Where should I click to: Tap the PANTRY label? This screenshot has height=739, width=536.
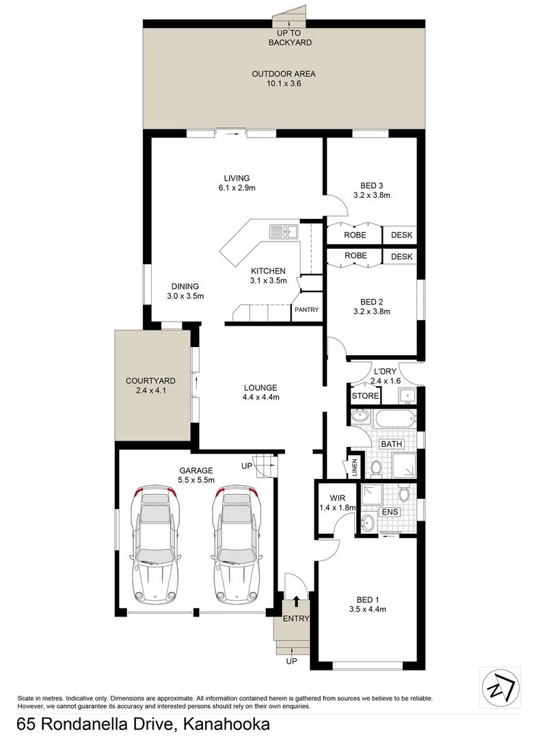pyautogui.click(x=306, y=310)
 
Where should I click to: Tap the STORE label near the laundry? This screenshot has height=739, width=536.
pyautogui.click(x=364, y=396)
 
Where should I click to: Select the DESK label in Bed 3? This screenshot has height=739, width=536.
pyautogui.click(x=401, y=235)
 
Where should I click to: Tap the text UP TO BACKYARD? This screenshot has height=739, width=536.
pyautogui.click(x=294, y=38)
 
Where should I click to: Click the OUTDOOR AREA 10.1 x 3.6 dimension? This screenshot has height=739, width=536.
pyautogui.click(x=284, y=83)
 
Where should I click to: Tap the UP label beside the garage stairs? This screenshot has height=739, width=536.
pyautogui.click(x=246, y=466)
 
